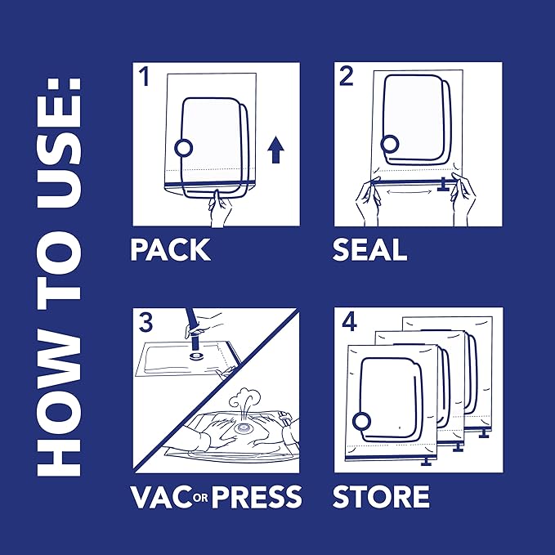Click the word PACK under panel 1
pos(170,249)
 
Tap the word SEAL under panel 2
pos(369,249)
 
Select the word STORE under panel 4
pos(381,496)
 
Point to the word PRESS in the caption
pos(257,496)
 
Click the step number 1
pos(145,78)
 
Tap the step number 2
pos(347,78)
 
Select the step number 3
pos(145,322)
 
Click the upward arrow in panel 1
pos(276,150)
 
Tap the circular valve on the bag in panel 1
pos(184,147)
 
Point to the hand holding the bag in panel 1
pos(219,209)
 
